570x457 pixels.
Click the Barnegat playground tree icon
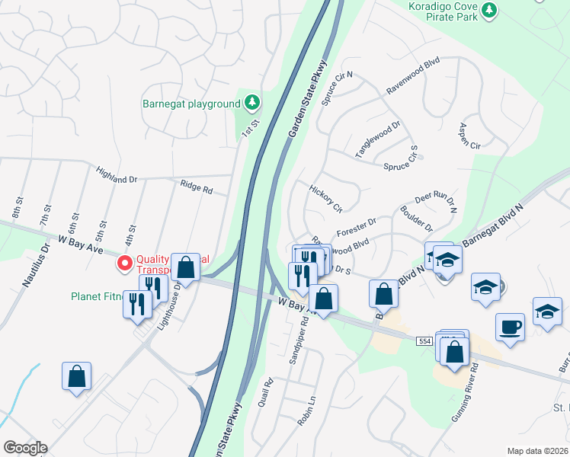click(252, 103)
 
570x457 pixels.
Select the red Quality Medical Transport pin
click(124, 264)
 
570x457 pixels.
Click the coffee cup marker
click(510, 326)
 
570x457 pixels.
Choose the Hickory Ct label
click(325, 197)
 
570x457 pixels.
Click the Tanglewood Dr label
click(378, 139)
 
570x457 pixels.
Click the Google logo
click(25, 448)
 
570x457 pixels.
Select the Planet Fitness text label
click(97, 296)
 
